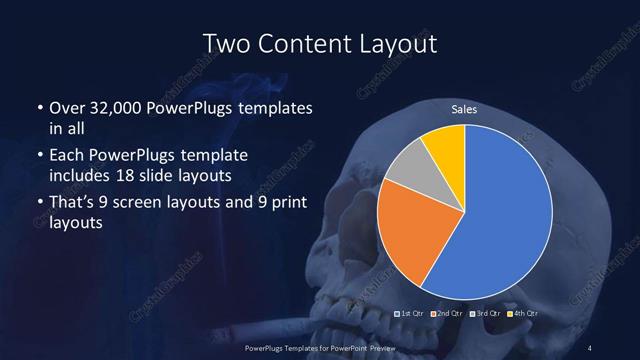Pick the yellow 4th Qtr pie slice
446,145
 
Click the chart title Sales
463,109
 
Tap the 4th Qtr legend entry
522,313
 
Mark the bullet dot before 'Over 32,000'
38,108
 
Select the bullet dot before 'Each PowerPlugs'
38,156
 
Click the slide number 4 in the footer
591,346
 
